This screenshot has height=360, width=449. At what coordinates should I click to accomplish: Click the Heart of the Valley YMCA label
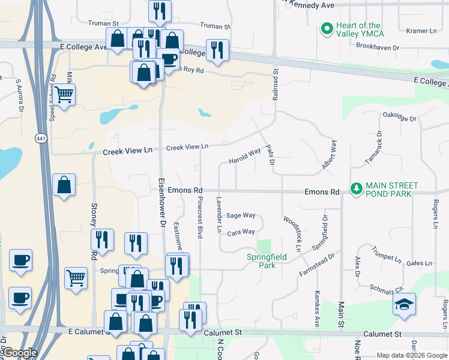coord(358,29)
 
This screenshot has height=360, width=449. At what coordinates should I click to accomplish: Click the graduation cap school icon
coord(405,304)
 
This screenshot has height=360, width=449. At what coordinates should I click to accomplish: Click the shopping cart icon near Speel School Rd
coord(64,94)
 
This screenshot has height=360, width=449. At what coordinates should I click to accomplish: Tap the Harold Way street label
coord(244,157)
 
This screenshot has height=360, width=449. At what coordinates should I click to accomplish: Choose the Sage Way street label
coord(241,215)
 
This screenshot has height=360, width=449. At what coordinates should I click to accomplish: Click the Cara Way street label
coord(241,232)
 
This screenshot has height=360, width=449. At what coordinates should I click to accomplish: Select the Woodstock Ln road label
coord(292,233)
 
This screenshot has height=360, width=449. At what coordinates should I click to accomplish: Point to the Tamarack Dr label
coord(373,149)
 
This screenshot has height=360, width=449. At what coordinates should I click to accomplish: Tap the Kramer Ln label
coord(421,31)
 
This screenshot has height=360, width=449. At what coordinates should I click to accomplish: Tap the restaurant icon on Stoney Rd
coord(101,239)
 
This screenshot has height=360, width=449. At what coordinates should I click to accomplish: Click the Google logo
coord(20,353)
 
